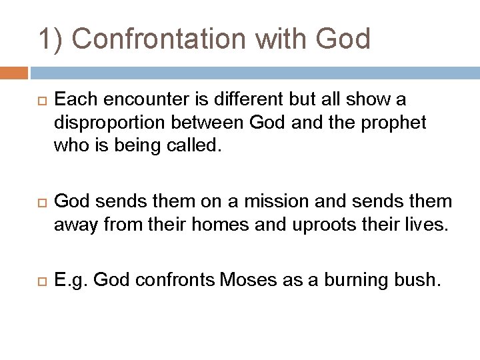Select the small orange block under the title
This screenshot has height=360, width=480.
click(14, 73)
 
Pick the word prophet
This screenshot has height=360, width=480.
click(394, 123)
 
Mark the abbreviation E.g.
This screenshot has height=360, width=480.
click(71, 281)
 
